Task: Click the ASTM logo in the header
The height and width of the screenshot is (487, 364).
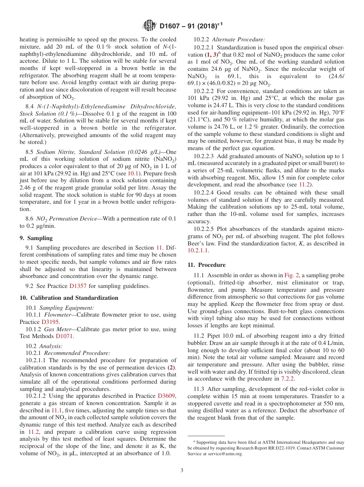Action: (x=149, y=26)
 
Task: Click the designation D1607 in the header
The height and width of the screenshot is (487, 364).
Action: (x=172, y=26)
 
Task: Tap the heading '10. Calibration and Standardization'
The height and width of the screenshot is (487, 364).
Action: (x=69, y=298)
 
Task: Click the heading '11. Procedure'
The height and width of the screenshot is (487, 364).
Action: (x=207, y=265)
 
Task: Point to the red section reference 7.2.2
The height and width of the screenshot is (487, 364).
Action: (x=287, y=379)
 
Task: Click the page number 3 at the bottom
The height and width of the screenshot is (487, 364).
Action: (x=182, y=471)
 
